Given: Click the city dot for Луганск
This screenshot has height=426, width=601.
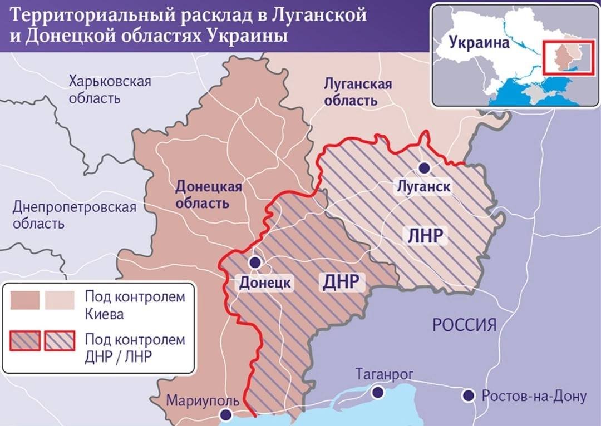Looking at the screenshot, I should (x=425, y=167).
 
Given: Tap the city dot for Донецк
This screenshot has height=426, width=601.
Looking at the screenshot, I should (x=254, y=262).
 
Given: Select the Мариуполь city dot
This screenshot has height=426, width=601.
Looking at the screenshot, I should (x=225, y=414).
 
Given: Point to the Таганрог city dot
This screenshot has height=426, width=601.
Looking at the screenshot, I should (x=378, y=393).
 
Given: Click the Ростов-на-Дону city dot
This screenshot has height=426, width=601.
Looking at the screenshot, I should (x=469, y=395).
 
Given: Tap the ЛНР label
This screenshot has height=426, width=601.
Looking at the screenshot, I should (x=425, y=236).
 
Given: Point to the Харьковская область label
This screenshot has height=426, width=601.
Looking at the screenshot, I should (x=110, y=90).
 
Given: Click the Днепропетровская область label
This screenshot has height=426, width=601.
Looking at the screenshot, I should (x=74, y=216).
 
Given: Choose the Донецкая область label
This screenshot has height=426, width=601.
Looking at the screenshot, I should (x=209, y=194).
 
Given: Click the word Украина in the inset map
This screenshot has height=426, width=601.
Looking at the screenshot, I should (x=479, y=43).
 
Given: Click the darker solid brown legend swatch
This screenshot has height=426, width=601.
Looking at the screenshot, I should (x=25, y=300).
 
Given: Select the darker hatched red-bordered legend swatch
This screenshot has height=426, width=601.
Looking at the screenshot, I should (x=25, y=341).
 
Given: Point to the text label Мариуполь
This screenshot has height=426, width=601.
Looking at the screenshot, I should (x=203, y=400).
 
